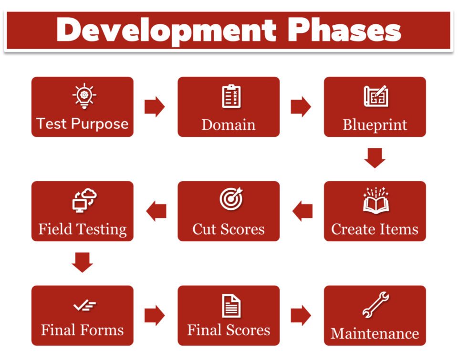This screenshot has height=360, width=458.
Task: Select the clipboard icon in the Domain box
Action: tap(231, 96)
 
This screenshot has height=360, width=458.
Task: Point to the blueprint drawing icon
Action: tap(375, 96)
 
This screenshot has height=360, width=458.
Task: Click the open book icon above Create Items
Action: tap(375, 200)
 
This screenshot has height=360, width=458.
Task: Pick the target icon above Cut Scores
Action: tap(231, 198)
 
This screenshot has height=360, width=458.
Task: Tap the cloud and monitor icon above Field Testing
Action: tap(84, 200)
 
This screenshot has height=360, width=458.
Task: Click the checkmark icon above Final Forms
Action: tap(84, 305)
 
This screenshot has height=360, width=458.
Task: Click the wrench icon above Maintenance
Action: tap(375, 305)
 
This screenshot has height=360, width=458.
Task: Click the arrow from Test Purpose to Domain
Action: tap(155, 107)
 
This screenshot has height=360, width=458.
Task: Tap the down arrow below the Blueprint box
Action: tap(375, 158)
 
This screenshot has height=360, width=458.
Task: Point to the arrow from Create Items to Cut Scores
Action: tap(302, 211)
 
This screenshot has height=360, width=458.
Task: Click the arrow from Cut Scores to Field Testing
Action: tap(156, 211)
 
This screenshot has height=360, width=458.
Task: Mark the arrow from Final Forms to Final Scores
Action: tap(155, 315)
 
